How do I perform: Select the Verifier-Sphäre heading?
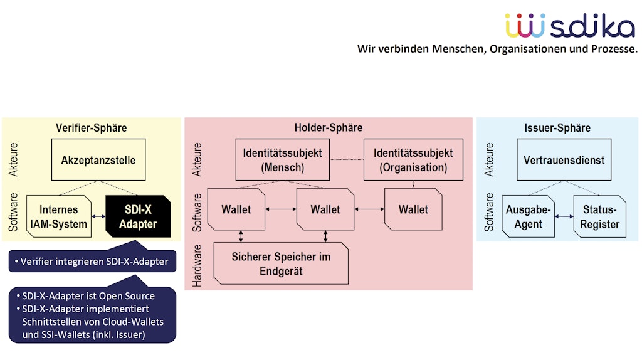pyautogui.click(x=91, y=128)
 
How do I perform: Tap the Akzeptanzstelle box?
pyautogui.click(x=98, y=160)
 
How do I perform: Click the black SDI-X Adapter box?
pyautogui.click(x=138, y=216)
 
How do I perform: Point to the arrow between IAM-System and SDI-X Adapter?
pyautogui.click(x=98, y=216)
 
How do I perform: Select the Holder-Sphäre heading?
pyautogui.click(x=328, y=128)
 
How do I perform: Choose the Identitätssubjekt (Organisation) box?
pyautogui.click(x=413, y=160)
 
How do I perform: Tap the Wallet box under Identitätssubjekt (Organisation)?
pyautogui.click(x=413, y=209)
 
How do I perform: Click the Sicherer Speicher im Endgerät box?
pyautogui.click(x=281, y=263)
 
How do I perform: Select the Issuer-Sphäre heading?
pyautogui.click(x=557, y=128)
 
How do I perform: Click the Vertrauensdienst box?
pyautogui.click(x=564, y=160)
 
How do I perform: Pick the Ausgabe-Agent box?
pyautogui.click(x=528, y=216)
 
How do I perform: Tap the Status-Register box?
pyautogui.click(x=600, y=216)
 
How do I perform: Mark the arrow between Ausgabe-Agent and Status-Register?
pyautogui.click(x=564, y=216)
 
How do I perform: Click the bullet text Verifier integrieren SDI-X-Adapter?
pyautogui.click(x=94, y=262)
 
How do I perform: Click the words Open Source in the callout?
pyautogui.click(x=129, y=296)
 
